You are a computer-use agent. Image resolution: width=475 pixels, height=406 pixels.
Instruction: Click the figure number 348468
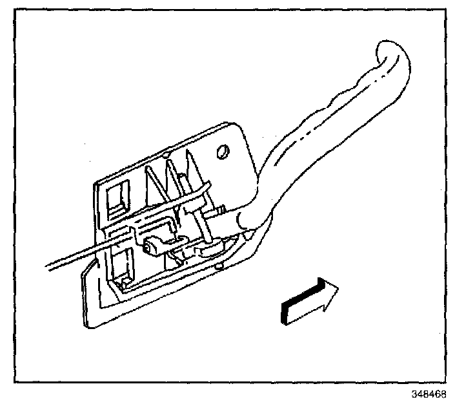[x=430, y=394]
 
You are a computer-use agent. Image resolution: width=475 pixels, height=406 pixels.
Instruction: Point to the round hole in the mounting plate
[x=223, y=152]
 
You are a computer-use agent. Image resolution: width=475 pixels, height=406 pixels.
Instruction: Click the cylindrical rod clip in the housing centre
[x=153, y=244]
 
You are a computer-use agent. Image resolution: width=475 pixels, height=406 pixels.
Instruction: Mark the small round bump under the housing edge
[x=220, y=264]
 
